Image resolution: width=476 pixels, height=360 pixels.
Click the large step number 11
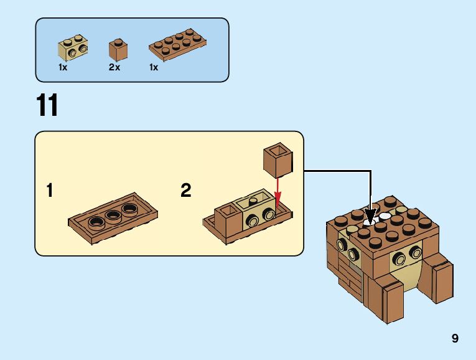(x=47, y=106)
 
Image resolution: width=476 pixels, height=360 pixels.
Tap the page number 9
(x=455, y=339)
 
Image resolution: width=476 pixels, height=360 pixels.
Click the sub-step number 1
(x=50, y=191)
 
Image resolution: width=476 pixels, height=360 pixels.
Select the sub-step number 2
(x=185, y=191)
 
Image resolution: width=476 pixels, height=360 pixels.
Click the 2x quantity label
(x=114, y=67)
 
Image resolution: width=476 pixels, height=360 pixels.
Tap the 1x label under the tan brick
(x=63, y=67)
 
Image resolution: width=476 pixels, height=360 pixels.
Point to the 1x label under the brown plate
(x=154, y=67)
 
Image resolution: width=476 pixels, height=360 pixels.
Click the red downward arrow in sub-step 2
(x=277, y=189)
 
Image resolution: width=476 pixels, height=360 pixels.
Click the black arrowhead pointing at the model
(x=371, y=216)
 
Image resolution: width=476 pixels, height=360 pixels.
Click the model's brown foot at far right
(x=440, y=282)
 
